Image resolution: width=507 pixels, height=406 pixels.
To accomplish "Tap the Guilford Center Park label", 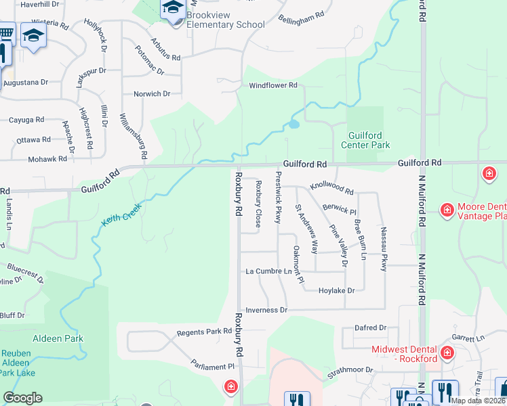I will (x=369, y=140).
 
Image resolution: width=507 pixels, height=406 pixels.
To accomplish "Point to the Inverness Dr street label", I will (x=266, y=310).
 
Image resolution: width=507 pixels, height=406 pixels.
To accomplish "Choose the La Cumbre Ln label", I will (x=268, y=271).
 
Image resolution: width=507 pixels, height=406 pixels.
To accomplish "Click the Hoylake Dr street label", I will (x=337, y=290).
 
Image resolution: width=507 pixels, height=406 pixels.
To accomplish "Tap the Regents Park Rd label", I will (x=204, y=332).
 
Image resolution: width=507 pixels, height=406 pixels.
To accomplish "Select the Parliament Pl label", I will (x=212, y=366).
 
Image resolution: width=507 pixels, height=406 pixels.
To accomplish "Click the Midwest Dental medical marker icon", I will (x=447, y=353).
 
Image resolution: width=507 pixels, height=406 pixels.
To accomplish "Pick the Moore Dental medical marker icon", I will (x=447, y=210).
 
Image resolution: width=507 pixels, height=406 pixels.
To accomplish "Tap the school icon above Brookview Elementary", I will (x=172, y=9).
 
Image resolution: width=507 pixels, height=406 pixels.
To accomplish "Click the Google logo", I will (x=22, y=398).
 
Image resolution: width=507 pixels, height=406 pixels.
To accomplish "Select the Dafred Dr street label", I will (x=370, y=328).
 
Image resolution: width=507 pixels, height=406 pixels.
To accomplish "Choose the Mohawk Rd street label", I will (x=47, y=159).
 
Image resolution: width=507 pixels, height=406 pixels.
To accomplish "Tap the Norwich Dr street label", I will (x=152, y=94).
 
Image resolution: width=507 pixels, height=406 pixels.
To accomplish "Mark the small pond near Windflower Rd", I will (x=293, y=125).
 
